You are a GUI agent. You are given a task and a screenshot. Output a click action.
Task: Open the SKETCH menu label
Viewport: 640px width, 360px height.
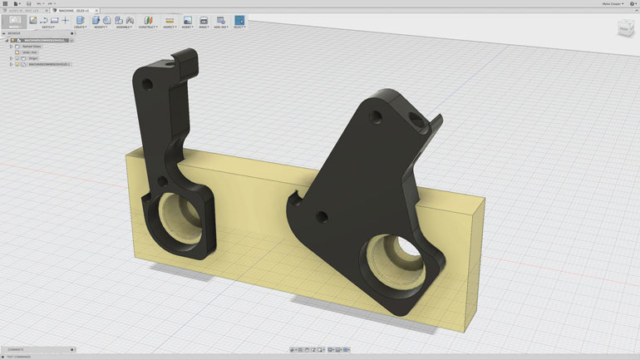[x=49, y=27]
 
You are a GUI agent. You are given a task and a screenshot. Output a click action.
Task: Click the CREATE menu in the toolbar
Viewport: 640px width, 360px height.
[x=80, y=27]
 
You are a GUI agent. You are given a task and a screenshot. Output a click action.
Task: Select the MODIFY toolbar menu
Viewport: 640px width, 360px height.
[x=101, y=27]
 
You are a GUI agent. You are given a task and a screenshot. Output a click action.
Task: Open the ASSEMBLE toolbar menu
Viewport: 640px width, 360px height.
[x=123, y=27]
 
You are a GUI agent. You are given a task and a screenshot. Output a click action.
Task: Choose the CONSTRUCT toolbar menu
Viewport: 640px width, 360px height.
[x=148, y=27]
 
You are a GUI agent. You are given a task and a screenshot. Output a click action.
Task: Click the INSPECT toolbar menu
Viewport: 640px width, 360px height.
[x=170, y=27]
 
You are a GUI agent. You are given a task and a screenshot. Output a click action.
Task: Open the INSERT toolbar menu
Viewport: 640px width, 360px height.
[x=187, y=27]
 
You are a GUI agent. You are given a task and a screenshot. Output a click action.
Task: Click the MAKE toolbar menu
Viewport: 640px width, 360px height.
[x=204, y=27]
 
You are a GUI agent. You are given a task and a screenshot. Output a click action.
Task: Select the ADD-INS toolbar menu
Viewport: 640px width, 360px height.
[x=221, y=27]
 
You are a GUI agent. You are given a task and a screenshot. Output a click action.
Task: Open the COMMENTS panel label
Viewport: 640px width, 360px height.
[x=17, y=350]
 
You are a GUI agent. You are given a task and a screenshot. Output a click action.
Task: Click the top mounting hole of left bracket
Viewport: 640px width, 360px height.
[x=148, y=84]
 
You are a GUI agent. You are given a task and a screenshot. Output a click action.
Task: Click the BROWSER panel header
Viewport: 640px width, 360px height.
[x=14, y=33]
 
